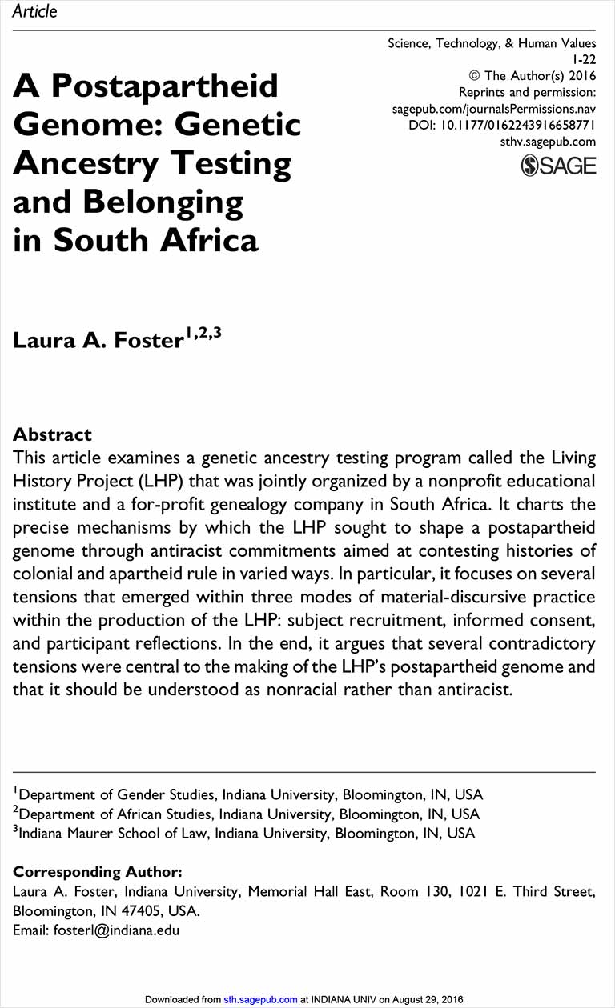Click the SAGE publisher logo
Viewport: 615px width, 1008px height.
(558, 166)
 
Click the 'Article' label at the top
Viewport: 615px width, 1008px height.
(34, 11)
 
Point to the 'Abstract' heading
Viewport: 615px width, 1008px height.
(52, 434)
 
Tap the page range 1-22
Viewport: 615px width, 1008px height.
(584, 60)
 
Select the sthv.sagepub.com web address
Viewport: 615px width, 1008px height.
(547, 142)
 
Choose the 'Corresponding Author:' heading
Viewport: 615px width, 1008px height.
(98, 871)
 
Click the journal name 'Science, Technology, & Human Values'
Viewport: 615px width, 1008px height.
(492, 43)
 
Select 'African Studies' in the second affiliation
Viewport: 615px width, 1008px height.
(169, 814)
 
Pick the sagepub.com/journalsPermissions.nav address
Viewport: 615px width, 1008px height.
(494, 109)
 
